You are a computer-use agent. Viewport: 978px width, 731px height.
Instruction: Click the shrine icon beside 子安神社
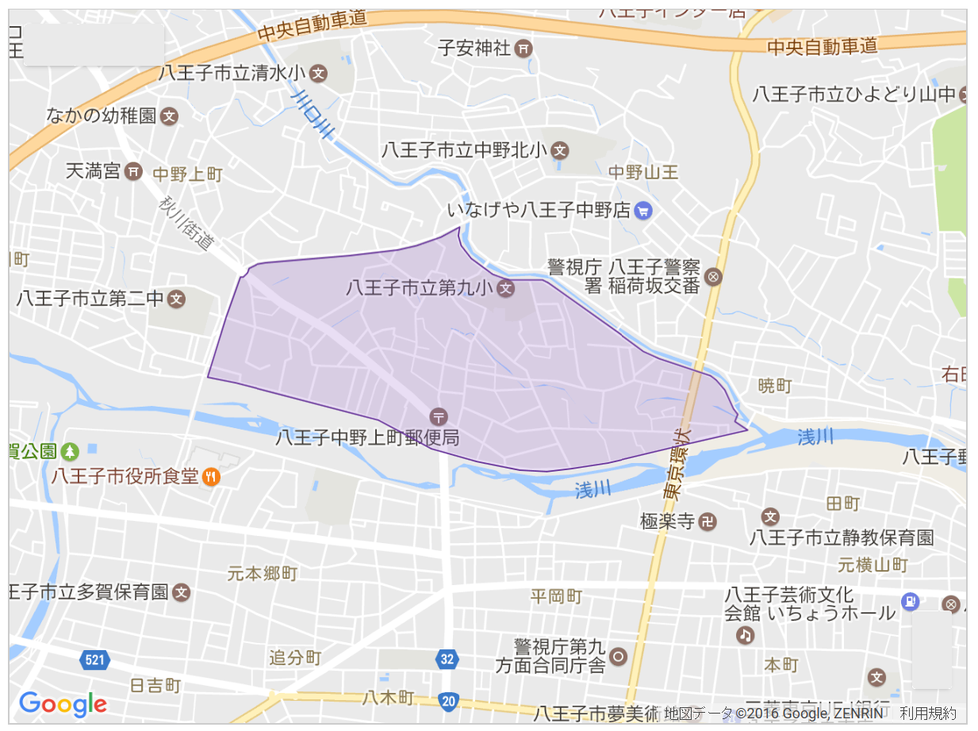point(524,48)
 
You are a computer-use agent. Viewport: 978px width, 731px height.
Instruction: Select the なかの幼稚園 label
point(101,117)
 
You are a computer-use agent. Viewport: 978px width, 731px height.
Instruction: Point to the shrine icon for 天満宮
point(134,170)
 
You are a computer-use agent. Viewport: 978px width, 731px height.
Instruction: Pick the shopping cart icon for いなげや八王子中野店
point(643,211)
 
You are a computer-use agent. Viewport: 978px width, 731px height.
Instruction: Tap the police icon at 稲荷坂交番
point(713,277)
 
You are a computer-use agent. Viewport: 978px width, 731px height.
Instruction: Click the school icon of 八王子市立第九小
point(506,289)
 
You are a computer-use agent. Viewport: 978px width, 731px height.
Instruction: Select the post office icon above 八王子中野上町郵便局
point(438,415)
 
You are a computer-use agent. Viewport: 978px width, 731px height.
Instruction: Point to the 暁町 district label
point(774,386)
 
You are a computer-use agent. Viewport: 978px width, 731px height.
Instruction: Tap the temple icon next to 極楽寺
point(709,522)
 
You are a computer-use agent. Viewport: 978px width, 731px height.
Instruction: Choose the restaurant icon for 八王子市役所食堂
point(211,476)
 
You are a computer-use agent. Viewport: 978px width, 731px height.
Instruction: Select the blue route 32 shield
point(447,658)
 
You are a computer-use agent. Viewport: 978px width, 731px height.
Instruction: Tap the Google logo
point(63,704)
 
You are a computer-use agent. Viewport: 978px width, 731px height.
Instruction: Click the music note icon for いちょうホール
point(745,634)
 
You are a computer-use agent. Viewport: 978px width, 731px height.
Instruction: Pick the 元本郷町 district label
point(262,572)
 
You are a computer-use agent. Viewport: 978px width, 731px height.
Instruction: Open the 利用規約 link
point(928,714)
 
